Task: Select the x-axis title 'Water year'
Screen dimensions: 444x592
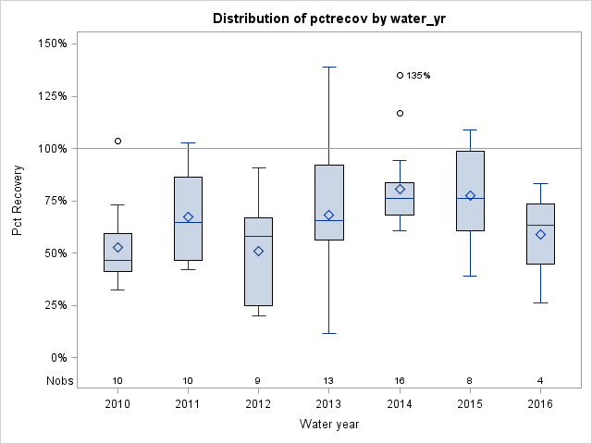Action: point(328,425)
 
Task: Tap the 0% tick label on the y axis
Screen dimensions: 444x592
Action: point(56,358)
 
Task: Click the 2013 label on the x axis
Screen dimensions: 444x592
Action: point(329,404)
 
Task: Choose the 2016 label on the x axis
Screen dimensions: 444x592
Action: point(540,404)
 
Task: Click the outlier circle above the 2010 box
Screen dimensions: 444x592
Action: point(117,141)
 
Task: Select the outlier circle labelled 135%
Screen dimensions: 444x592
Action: point(400,76)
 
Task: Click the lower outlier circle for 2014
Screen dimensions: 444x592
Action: point(400,113)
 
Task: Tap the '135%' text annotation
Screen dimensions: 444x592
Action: point(419,76)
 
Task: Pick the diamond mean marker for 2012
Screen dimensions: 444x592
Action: point(259,251)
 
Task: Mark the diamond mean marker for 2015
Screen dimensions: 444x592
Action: point(470,195)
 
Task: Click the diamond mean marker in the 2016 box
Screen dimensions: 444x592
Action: point(540,235)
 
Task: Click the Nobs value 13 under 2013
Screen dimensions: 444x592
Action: point(329,380)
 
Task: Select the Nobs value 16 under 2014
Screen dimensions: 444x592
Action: point(400,380)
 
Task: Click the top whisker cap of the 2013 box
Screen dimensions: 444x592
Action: point(329,67)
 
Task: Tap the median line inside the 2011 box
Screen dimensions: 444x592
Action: point(189,223)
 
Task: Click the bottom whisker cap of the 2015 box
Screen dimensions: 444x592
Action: point(470,276)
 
